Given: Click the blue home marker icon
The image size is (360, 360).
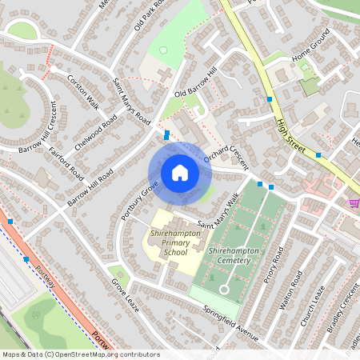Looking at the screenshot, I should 179,173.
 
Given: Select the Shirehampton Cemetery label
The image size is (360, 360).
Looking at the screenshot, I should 231,256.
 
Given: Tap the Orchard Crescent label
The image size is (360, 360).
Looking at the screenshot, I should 226,156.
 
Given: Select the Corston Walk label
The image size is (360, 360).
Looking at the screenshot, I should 83,92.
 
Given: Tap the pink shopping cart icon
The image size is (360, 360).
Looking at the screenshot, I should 354,204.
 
